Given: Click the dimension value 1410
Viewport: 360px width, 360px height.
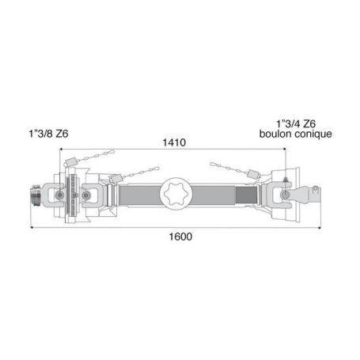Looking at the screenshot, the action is [174, 142].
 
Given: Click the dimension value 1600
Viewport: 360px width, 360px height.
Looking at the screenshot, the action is [180, 237].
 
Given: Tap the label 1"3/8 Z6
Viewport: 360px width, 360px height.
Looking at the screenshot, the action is [48, 134].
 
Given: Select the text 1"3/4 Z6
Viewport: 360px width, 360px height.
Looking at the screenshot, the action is [296, 123].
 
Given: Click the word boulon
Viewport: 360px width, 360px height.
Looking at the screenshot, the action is [276, 134].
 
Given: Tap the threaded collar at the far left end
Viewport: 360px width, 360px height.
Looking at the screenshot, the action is [35, 195].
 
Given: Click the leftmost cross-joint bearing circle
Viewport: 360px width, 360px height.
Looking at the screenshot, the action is [59, 195].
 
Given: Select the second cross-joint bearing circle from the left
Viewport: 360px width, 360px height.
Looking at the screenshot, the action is [85, 195].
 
